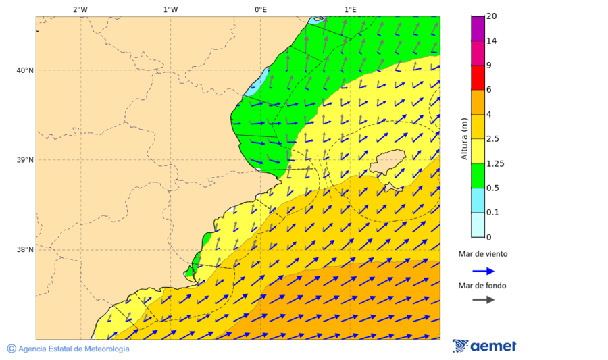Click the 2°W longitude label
80,9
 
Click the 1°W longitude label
170,9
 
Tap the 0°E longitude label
260,9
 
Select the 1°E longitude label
350,9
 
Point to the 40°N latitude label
25,70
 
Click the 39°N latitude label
25,160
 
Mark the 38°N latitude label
25,250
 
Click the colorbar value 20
492,16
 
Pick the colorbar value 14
492,41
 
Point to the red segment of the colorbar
478,78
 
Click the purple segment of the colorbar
478,28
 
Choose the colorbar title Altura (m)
464,138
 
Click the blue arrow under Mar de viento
483,271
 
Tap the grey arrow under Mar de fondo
483,300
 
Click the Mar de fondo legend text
482,286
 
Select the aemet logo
484,346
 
